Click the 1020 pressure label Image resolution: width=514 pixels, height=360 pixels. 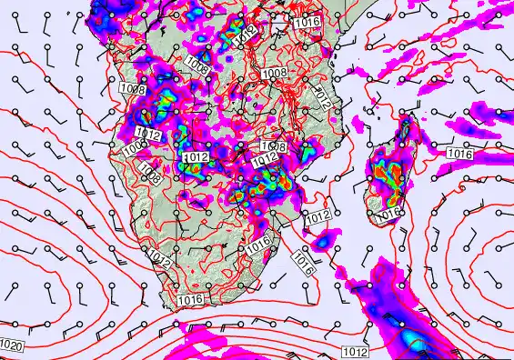coord(12,345)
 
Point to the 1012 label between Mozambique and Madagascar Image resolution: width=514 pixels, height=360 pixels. coord(317,216)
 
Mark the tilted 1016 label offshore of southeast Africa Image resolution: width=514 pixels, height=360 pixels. coord(302,264)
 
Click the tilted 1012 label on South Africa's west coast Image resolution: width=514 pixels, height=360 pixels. coord(160,259)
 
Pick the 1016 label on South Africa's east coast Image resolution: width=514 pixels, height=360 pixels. coord(259,242)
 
